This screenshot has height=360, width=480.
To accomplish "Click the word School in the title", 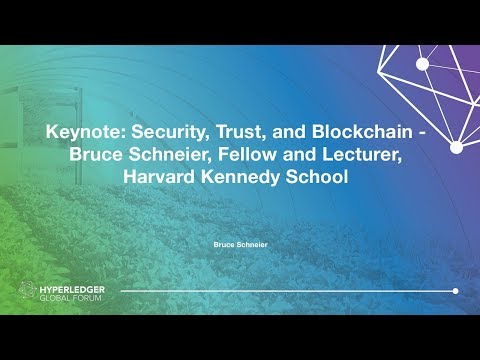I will click(x=331, y=176).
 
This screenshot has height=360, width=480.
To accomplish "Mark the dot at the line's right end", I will click(x=455, y=291).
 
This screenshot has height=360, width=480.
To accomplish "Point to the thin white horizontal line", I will click(x=290, y=291).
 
